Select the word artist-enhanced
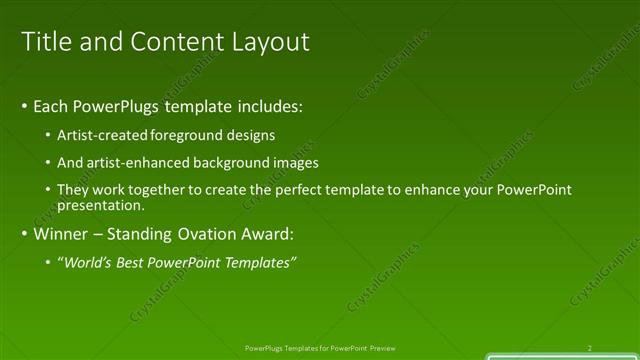tap(138, 162)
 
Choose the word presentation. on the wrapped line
tap(102, 205)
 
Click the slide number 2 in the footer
tap(589, 348)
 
